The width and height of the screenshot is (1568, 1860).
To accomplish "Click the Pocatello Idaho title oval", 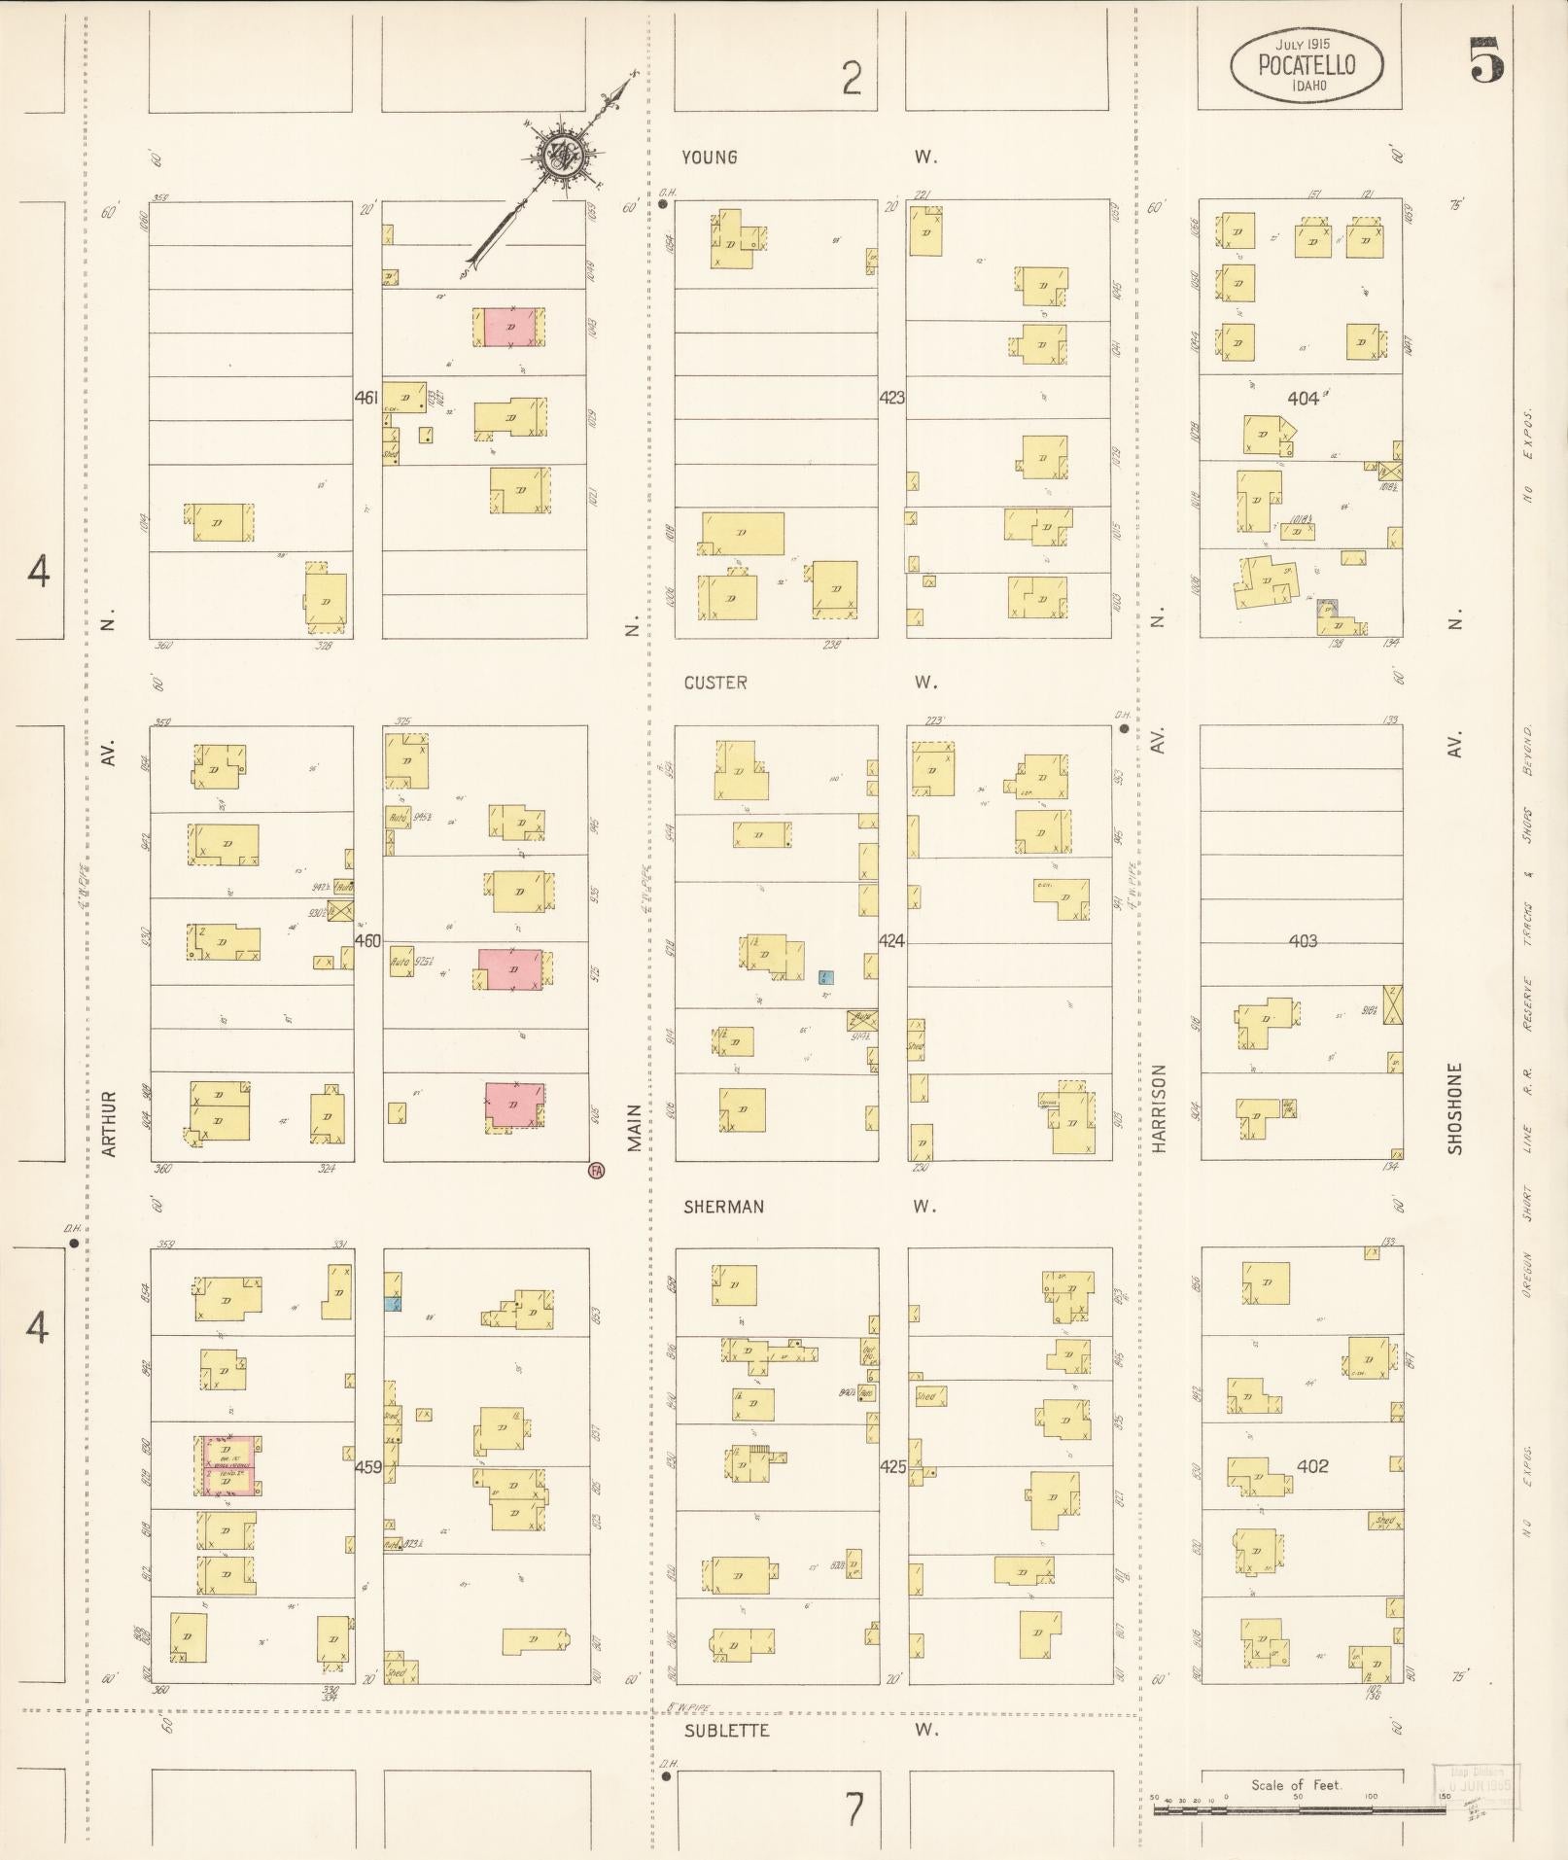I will (x=1307, y=64).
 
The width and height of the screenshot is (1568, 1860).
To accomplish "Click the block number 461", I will (x=366, y=398).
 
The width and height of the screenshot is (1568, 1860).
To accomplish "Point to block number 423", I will (x=891, y=398).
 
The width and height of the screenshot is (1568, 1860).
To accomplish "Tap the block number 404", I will (x=1303, y=398).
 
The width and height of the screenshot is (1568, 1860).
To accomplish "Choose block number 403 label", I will (x=1303, y=940).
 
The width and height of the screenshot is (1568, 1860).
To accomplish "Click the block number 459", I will (x=367, y=1466).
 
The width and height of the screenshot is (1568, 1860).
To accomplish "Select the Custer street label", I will (x=715, y=683).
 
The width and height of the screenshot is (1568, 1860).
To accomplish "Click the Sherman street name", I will (x=723, y=1207).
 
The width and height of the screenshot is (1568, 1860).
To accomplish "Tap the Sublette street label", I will (x=727, y=1730).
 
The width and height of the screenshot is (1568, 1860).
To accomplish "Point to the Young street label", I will (x=710, y=158).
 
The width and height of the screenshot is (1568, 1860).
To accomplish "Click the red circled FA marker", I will (x=596, y=1171).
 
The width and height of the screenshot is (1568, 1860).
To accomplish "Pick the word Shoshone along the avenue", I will (x=1455, y=1107).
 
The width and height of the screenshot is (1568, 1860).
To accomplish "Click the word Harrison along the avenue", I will (x=1158, y=1108).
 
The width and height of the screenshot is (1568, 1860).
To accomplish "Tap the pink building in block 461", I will (x=509, y=327).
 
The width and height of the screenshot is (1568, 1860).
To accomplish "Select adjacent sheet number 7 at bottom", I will (x=853, y=1809).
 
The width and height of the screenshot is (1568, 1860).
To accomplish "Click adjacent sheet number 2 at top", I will (x=852, y=79).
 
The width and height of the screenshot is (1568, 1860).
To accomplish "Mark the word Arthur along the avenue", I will (x=109, y=1123).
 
